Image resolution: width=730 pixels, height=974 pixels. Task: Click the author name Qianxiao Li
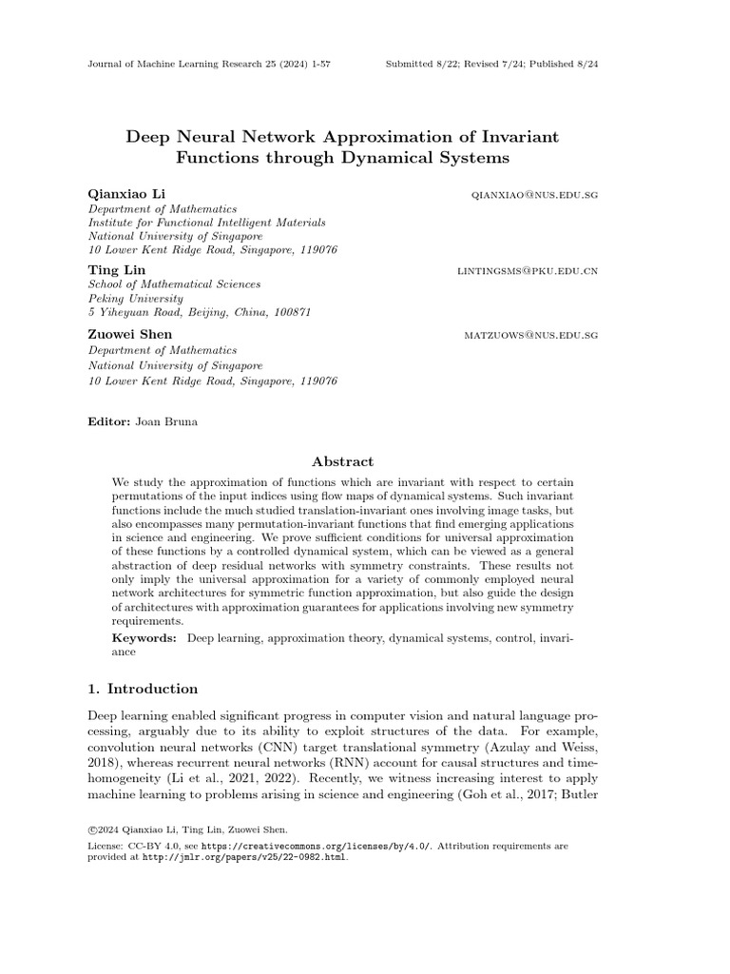coord(126,194)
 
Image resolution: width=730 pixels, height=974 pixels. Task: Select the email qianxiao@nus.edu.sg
coord(534,195)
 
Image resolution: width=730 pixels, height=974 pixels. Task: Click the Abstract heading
coord(343,461)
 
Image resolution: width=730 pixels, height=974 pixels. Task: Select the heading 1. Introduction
coord(143,689)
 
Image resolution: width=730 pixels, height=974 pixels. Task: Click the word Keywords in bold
coord(144,638)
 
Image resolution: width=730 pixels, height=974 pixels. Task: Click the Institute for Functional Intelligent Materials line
coord(206,223)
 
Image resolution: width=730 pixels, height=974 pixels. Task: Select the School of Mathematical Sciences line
coord(174,284)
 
